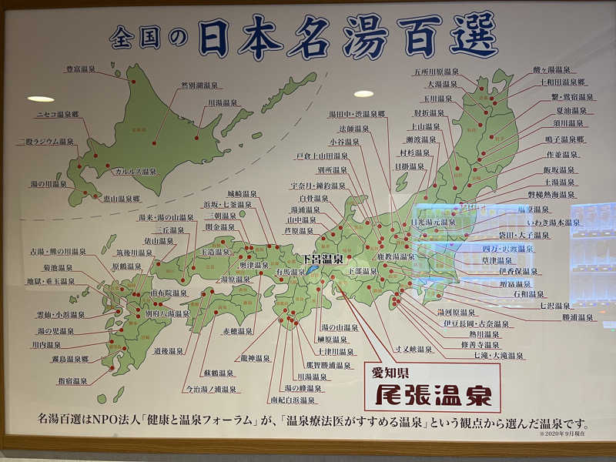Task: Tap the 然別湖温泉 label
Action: click(199, 85)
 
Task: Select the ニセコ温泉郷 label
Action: click(57, 114)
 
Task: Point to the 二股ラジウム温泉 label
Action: click(46, 142)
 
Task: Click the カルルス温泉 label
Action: click(136, 171)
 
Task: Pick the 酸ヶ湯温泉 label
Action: click(552, 70)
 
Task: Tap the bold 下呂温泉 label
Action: click(323, 259)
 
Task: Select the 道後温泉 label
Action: click(169, 350)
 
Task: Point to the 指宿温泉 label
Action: click(72, 380)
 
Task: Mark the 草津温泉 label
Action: click(518, 260)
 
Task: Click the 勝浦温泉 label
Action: click(577, 316)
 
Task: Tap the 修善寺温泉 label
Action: click(479, 345)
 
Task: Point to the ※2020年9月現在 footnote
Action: click(564, 436)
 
